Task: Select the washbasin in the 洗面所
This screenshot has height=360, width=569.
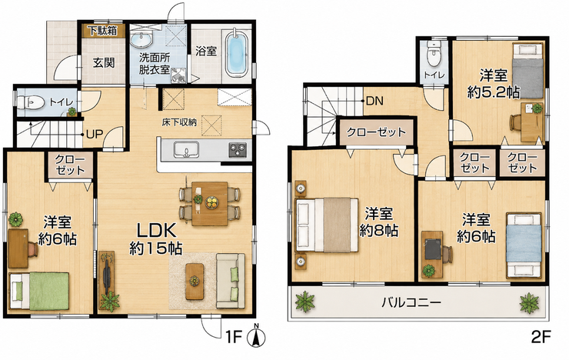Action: tap(142, 40)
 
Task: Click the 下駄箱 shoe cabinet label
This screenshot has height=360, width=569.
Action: tap(104, 31)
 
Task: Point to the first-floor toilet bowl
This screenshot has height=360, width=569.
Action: tap(31, 102)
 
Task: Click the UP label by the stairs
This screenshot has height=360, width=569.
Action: tap(95, 135)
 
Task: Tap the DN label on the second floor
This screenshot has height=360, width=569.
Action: tap(374, 101)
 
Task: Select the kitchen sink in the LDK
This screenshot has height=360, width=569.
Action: tap(186, 150)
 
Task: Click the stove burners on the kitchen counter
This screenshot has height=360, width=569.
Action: tap(238, 150)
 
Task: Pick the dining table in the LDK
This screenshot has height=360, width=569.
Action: tap(209, 204)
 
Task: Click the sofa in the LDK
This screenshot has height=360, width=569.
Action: tap(230, 280)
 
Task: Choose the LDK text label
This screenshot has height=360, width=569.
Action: tap(156, 230)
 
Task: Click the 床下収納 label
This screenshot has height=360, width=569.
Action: tap(179, 122)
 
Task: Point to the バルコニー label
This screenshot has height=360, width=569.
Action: tap(411, 302)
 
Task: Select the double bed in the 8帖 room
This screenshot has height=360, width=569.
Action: tap(327, 225)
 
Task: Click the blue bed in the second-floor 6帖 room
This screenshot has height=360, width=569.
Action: tap(524, 245)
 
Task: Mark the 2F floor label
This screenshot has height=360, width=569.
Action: tap(541, 337)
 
